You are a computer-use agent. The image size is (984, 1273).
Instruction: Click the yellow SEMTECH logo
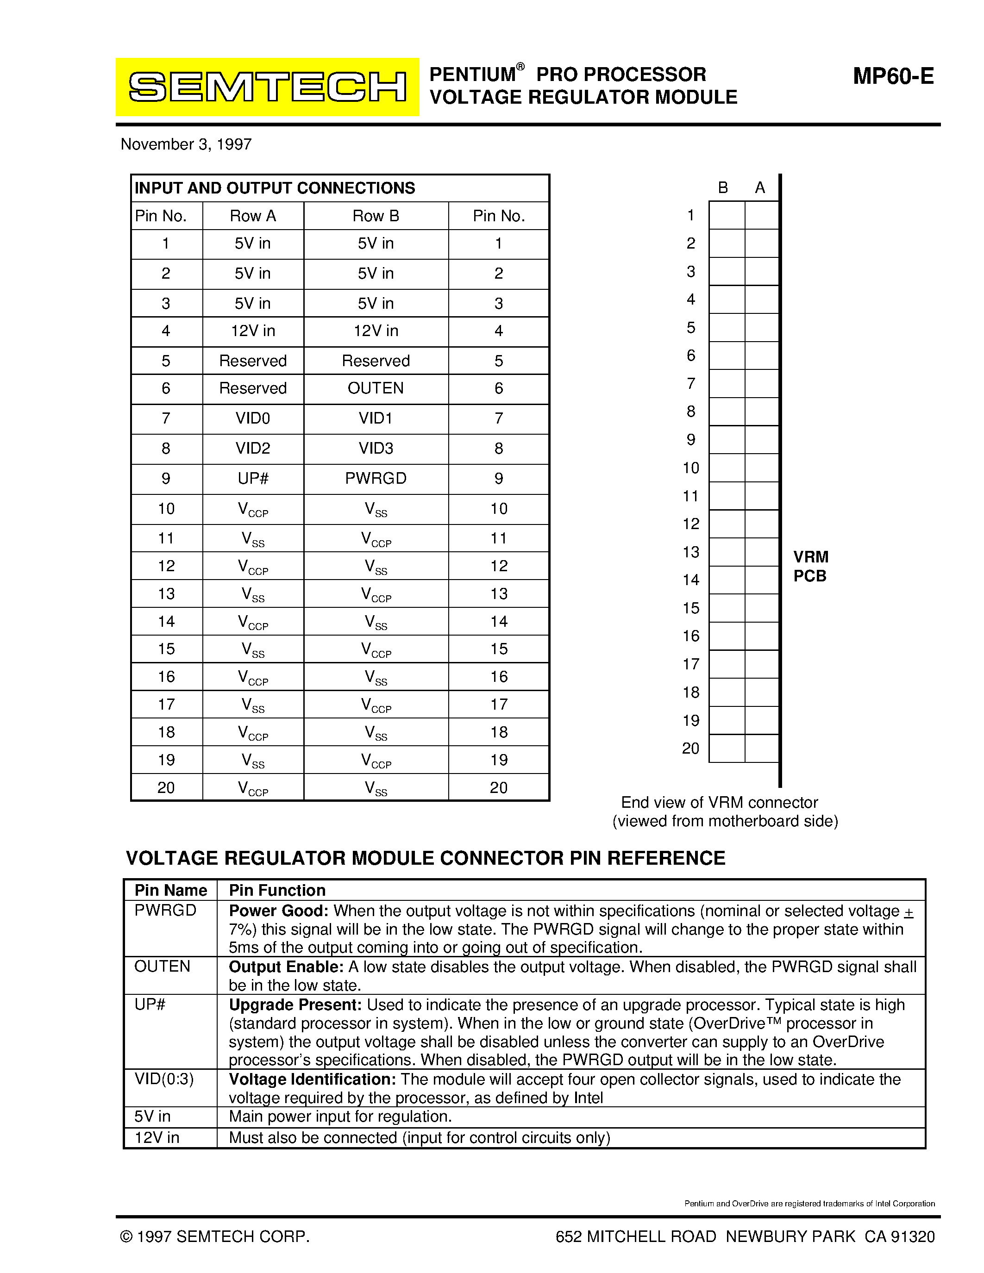click(267, 87)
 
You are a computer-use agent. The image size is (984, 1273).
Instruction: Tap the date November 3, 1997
click(186, 144)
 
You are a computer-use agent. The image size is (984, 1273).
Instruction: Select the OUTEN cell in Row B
click(376, 388)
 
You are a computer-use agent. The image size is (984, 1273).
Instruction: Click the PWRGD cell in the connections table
click(376, 479)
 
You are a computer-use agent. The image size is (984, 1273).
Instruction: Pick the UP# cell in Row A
click(253, 479)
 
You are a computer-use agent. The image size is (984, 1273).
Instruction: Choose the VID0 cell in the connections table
click(253, 418)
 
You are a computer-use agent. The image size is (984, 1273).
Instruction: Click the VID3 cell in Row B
click(376, 448)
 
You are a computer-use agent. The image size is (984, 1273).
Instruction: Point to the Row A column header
click(253, 216)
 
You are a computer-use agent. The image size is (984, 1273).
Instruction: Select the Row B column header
click(376, 216)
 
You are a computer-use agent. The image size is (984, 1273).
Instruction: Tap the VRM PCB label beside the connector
click(810, 567)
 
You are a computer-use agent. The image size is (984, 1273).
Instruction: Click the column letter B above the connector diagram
click(723, 187)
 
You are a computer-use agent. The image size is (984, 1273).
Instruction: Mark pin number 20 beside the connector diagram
click(690, 749)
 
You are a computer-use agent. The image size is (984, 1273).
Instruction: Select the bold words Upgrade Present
click(295, 1005)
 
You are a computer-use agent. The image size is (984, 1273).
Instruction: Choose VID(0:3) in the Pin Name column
click(164, 1079)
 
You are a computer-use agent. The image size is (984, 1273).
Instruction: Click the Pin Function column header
click(277, 890)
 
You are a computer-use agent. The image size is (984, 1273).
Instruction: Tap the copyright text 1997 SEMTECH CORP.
click(215, 1236)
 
